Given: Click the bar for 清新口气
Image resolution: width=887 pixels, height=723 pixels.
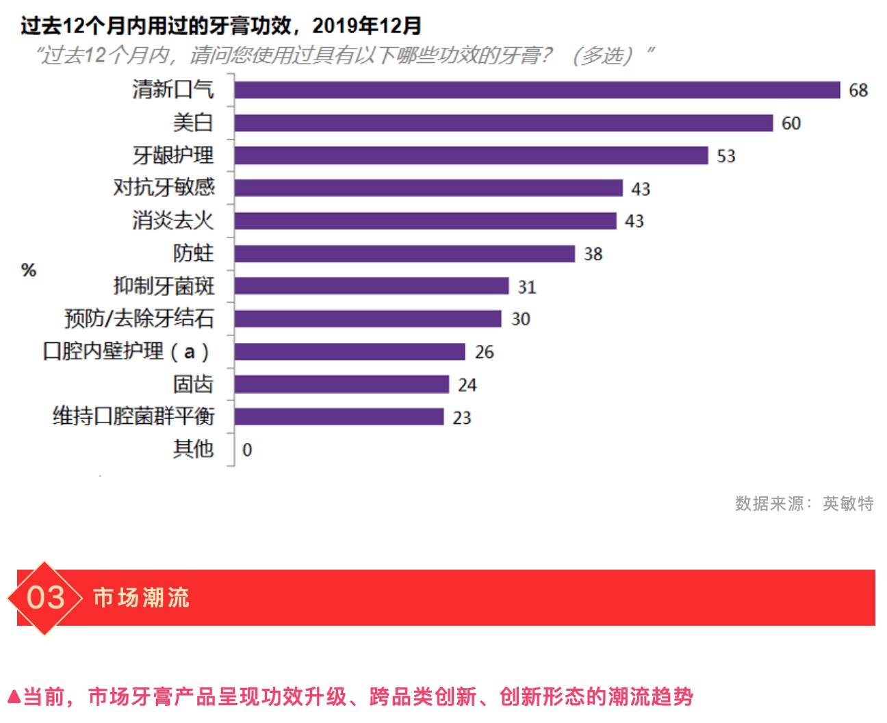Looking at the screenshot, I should [537, 90].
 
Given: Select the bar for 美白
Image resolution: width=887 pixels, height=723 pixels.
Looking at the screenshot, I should [503, 123].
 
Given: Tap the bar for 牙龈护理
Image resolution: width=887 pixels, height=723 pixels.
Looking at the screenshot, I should [471, 155].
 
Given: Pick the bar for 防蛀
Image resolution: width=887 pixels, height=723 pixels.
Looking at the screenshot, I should [404, 253].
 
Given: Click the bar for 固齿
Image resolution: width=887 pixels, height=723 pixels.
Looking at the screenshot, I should [342, 384].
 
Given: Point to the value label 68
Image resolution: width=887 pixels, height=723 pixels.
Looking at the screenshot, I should [858, 90].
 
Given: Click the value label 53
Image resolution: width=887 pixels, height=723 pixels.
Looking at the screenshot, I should [726, 156].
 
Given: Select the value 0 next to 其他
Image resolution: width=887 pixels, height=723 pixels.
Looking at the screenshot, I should [247, 450].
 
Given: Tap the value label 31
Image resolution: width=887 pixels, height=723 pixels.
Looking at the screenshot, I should [527, 287].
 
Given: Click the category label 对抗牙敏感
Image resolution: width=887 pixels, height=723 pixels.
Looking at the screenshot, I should [164, 188].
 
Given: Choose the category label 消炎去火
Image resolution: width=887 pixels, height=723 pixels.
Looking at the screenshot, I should [172, 220].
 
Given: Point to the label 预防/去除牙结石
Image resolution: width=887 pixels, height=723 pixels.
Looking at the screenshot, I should [139, 318].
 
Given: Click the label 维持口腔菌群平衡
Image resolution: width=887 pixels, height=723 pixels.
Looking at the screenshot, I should [133, 416].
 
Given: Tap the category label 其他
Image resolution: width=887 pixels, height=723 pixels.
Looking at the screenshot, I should [193, 449].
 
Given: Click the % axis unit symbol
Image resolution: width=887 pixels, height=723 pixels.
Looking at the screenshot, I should [29, 270].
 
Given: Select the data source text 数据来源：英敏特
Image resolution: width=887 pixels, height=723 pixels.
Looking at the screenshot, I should [804, 504].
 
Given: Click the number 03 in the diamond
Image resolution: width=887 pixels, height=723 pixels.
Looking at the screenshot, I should [45, 598].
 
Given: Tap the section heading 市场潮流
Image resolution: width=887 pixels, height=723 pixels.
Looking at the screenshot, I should [141, 598].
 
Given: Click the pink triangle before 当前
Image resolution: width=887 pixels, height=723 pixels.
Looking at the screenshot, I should [13, 698].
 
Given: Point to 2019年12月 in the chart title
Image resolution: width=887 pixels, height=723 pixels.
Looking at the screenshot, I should [366, 26].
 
